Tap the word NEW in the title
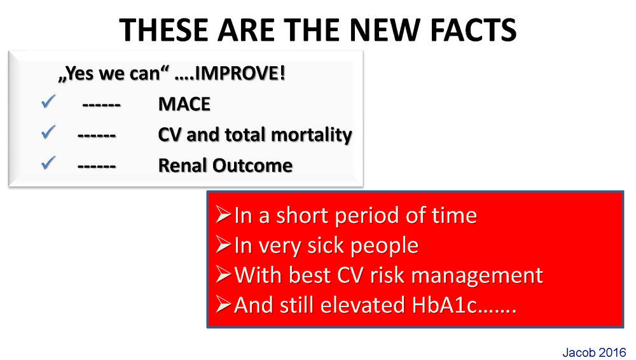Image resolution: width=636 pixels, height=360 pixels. click(x=384, y=30)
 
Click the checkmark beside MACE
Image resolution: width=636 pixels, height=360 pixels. click(x=48, y=102)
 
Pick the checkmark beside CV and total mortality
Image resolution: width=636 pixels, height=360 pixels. click(x=48, y=132)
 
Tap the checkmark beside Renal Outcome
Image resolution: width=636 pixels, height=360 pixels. click(x=48, y=163)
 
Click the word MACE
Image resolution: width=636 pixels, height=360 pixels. click(x=184, y=104)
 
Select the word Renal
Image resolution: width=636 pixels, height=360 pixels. click(x=183, y=165)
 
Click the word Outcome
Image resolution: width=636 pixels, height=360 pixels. click(x=252, y=165)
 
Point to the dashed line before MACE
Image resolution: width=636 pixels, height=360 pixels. click(x=101, y=105)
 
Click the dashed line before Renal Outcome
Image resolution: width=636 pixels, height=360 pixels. click(x=97, y=167)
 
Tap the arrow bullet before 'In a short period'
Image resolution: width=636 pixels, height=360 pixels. click(x=223, y=214)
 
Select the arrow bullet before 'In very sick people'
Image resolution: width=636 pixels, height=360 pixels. click(x=223, y=244)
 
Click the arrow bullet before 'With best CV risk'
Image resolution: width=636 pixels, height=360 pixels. click(x=223, y=274)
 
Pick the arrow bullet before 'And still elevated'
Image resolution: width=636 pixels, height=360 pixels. click(x=223, y=305)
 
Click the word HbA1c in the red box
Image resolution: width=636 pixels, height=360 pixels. click(x=445, y=305)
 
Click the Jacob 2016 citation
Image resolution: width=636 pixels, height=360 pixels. click(x=594, y=352)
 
